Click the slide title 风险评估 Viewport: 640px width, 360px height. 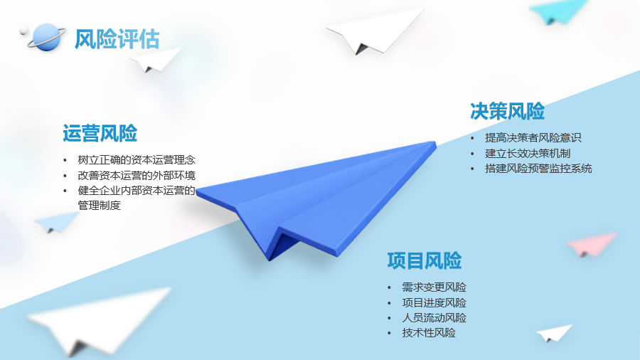pos(117,39)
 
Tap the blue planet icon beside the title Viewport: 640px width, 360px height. pos(46,38)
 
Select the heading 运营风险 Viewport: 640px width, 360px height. pos(100,133)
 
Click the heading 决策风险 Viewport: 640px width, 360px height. pos(507,111)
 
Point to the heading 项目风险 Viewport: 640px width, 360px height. pos(425,260)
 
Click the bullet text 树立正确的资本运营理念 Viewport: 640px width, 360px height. pos(137,159)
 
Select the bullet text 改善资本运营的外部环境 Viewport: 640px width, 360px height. pos(137,175)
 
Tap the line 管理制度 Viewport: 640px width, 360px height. pos(99,206)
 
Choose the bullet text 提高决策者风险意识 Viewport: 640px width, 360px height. pos(533,138)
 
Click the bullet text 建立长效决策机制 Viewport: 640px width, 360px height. pos(528,154)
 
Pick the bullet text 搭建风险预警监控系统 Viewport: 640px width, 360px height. pos(538,169)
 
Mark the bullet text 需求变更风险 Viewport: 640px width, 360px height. pos(434,287)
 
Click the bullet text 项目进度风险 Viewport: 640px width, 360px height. pos(434,303)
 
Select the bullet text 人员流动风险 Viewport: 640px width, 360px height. pos(434,318)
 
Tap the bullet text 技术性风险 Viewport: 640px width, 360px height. pos(429,333)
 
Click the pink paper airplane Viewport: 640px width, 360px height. pos(592,244)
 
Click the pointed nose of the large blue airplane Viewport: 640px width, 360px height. pos(435,143)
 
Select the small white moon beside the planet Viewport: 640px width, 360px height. pos(23,30)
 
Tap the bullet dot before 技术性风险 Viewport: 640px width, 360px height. pos(389,334)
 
